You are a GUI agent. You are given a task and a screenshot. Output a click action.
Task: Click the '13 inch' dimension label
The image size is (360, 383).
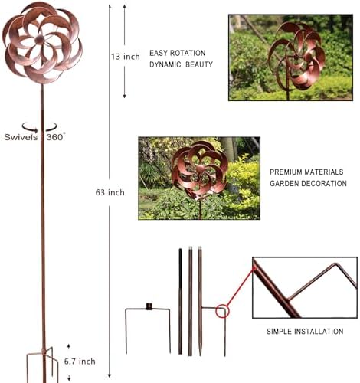126,57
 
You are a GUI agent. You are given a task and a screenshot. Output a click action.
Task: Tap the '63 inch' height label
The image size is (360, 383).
110,192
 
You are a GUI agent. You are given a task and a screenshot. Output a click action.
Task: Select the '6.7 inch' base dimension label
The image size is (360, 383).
80,362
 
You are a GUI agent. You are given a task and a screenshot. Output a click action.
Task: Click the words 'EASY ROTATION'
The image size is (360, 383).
178,53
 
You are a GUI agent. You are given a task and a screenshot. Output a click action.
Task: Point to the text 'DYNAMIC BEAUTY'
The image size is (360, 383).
181,64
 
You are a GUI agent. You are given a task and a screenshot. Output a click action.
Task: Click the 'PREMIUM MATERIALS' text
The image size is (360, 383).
306,172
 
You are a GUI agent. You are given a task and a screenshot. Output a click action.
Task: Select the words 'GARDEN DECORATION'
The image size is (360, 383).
308,183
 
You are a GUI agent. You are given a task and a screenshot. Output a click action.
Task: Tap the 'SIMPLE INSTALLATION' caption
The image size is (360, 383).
305,332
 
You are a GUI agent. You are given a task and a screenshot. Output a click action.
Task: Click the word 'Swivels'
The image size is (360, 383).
21,137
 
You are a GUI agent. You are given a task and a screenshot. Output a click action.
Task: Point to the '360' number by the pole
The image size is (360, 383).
54,137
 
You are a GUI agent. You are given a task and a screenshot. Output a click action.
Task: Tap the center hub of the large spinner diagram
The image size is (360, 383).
40,40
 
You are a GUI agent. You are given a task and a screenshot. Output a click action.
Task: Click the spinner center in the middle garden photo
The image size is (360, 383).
200,169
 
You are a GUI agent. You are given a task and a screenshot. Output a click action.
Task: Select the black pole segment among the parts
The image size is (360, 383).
180,301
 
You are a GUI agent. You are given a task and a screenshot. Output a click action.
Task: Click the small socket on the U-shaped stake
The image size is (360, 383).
149,306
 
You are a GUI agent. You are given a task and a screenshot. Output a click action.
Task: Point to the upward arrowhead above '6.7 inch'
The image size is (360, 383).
68,346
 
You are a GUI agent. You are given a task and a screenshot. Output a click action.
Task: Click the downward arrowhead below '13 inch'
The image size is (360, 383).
124,96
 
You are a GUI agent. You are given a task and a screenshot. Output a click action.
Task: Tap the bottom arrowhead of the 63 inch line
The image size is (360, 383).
110,375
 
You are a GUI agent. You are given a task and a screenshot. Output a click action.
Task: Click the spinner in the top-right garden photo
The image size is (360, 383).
296,55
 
